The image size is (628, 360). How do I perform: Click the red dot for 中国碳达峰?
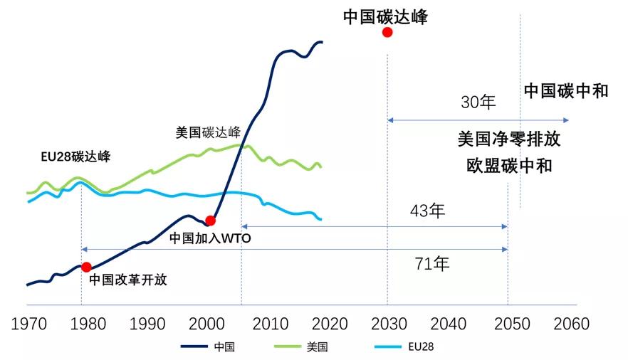[387, 32]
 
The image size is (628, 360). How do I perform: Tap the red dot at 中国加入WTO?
[210, 221]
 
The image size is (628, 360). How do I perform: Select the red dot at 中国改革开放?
[86, 268]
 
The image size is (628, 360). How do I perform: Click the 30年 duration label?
[478, 102]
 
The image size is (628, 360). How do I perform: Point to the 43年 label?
[427, 211]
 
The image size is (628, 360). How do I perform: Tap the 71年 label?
[432, 264]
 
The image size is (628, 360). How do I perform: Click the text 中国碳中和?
[566, 91]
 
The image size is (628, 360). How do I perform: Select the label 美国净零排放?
[508, 139]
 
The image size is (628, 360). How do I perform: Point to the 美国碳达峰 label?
[208, 132]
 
